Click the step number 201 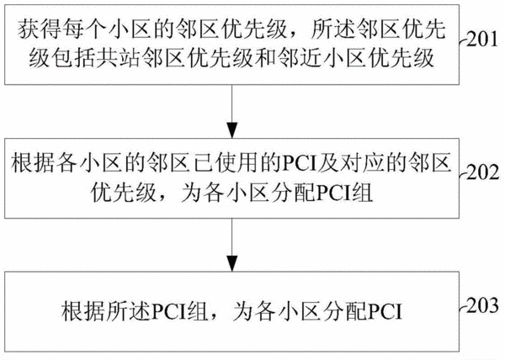[x=481, y=40]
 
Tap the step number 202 [x=482, y=172]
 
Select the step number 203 [x=482, y=306]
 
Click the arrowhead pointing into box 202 [x=232, y=130]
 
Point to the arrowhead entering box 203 [x=232, y=264]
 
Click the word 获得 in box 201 [x=39, y=29]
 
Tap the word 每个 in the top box [x=83, y=29]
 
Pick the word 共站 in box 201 [x=117, y=58]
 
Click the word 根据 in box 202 [x=33, y=163]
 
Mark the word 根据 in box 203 [x=82, y=311]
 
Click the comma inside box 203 [x=213, y=318]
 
